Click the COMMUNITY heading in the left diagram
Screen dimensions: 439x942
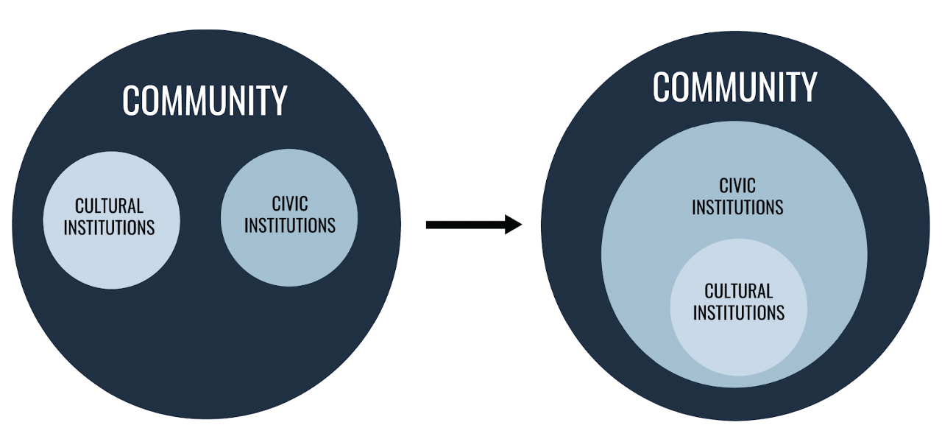[x=205, y=101]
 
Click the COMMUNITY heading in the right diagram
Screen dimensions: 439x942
[x=734, y=87]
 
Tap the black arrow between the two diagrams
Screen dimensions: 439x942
[x=471, y=224]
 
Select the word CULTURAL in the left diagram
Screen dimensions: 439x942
[x=109, y=206]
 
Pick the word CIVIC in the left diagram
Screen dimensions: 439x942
[x=289, y=203]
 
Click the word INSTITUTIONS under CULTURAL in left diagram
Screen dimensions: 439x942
[x=109, y=228]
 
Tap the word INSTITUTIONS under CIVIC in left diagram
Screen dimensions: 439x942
[x=289, y=225]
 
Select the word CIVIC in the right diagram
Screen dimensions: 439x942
[x=737, y=186]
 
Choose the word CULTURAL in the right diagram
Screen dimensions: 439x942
[x=738, y=291]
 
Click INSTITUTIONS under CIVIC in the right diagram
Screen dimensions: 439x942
[x=737, y=208]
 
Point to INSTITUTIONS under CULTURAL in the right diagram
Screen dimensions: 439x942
[x=738, y=313]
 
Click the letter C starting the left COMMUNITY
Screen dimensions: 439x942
[x=131, y=101]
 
